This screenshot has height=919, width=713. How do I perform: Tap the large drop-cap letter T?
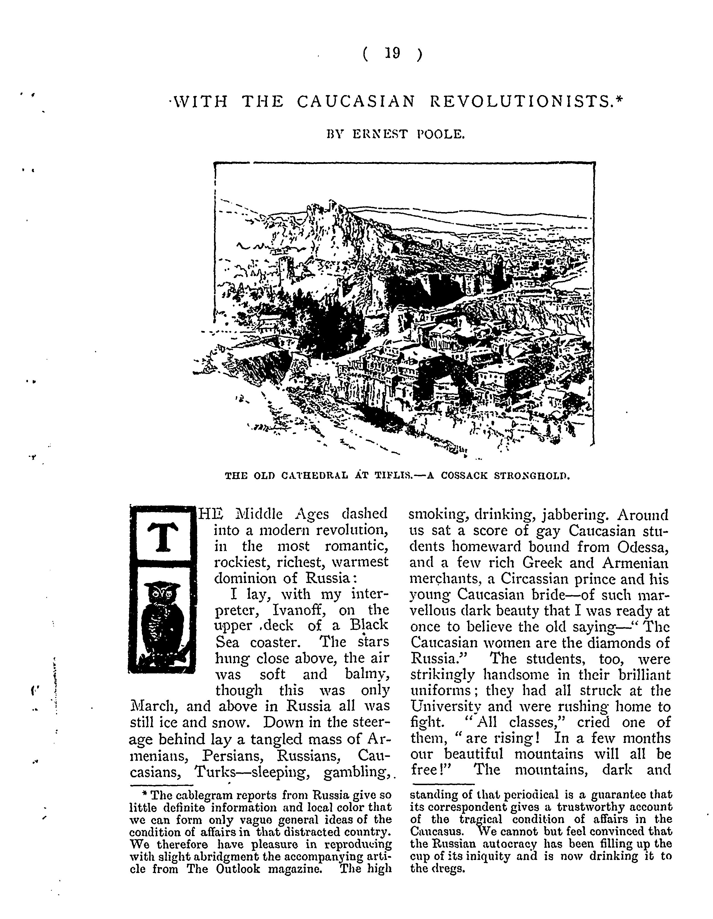tap(162, 537)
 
